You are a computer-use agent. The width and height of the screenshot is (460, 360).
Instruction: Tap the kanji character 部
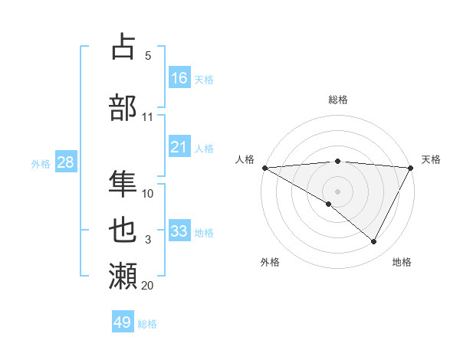pos(123,106)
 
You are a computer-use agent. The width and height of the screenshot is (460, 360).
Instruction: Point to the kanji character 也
pos(123,229)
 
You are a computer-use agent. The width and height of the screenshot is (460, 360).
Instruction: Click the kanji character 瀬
pos(123,275)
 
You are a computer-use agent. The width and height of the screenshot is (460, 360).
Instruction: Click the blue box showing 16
pos(179,78)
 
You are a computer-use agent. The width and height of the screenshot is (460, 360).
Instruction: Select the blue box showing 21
pos(179,147)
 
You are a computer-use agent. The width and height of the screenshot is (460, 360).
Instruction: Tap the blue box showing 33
pos(179,231)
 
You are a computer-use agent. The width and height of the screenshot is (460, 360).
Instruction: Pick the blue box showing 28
pos(64,162)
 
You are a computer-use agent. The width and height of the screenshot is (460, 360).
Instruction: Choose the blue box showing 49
pos(123,322)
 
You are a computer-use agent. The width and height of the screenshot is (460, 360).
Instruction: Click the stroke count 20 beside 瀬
pos(147,286)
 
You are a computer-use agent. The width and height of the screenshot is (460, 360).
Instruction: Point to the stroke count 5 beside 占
pos(147,56)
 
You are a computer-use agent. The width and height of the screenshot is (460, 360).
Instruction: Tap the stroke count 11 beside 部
pos(147,117)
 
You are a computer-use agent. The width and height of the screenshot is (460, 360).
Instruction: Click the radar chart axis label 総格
pos(337,100)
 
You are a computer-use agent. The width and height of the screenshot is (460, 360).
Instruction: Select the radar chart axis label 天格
pos(431,159)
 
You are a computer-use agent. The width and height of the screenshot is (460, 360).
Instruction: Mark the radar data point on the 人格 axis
pos(264,168)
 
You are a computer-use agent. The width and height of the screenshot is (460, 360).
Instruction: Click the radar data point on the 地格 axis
pos(374,241)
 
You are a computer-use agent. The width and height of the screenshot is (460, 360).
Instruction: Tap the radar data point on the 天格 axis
pos(410,168)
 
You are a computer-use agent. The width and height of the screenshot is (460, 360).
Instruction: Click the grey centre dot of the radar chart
pos(337,191)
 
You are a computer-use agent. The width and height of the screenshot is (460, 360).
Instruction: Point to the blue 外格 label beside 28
pos(41,163)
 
